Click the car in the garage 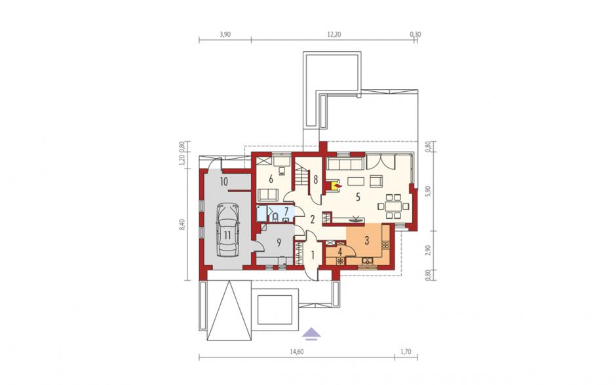pos(227,230)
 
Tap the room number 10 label pos(224,182)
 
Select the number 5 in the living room pos(358,197)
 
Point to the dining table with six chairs pos(393,206)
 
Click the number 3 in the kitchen pos(366,240)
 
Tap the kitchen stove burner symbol pos(385,245)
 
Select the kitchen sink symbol pos(368,260)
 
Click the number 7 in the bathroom pos(286,211)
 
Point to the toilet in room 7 pos(275,216)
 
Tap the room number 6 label pos(271,179)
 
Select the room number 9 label pos(279,242)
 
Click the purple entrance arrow pos(311,333)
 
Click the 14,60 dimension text pos(297,352)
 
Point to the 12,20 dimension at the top pos(334,35)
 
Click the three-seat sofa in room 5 pos(345,163)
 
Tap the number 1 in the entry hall pos(313,256)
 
